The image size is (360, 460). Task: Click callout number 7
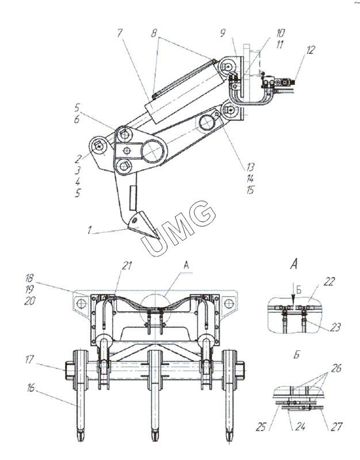[x=120, y=33]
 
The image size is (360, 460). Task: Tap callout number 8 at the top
[x=154, y=33]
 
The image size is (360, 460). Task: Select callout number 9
[x=223, y=33]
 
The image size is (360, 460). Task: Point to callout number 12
[x=309, y=50]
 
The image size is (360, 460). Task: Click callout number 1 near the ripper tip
[x=90, y=229]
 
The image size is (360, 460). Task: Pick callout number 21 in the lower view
[x=127, y=266]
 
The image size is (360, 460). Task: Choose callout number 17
[x=30, y=359]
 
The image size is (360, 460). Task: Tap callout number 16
[x=30, y=388]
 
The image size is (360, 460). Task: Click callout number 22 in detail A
[x=329, y=282]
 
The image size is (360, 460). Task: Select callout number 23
[x=335, y=327]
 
